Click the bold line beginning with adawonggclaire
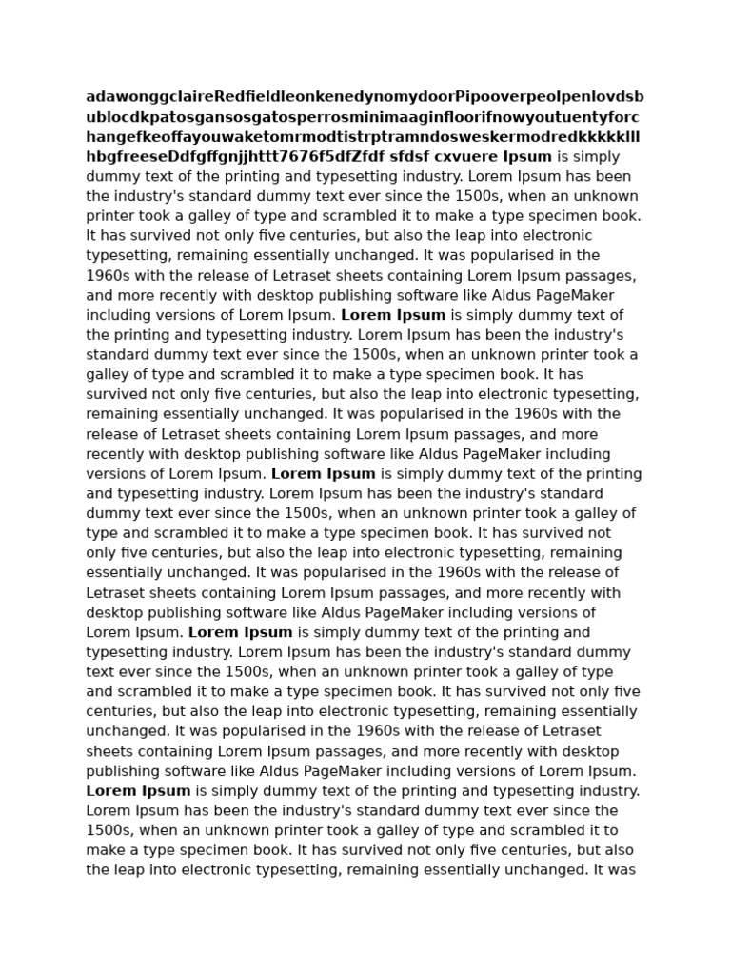[365, 97]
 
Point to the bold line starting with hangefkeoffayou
[363, 137]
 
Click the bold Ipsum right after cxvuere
[527, 157]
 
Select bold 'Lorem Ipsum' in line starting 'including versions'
[393, 315]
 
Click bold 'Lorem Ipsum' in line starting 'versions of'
[324, 474]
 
